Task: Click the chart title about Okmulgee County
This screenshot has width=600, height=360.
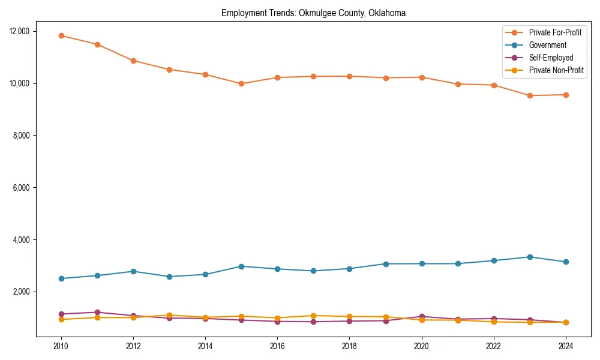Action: [x=313, y=13]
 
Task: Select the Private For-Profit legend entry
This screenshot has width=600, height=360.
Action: [x=555, y=32]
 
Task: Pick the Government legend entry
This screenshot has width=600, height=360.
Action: [x=547, y=45]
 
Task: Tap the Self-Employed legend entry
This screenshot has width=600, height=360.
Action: [x=551, y=58]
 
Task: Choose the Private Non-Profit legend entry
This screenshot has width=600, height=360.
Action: [x=556, y=70]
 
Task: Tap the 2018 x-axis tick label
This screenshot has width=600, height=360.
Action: [x=349, y=346]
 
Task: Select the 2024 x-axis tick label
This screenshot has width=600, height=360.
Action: [x=566, y=346]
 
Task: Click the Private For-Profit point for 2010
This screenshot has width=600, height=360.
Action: [x=61, y=35]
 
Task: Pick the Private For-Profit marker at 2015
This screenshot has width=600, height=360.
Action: [x=241, y=84]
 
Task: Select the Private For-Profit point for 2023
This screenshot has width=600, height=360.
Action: [x=530, y=95]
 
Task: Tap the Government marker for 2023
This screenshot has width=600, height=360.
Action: [x=530, y=257]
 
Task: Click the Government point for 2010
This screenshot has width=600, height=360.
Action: [x=61, y=278]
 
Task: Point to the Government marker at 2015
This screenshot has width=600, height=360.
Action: [x=241, y=266]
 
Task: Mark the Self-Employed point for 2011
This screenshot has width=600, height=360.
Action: [x=97, y=312]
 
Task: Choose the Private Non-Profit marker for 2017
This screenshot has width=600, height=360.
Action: [x=313, y=316]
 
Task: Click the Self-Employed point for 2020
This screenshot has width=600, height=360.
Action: [x=422, y=316]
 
